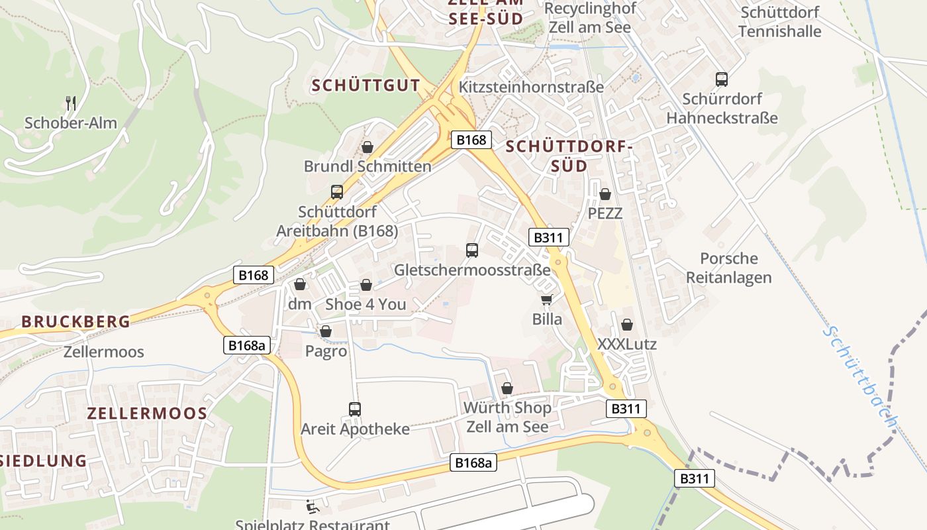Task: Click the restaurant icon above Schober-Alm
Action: click(72, 103)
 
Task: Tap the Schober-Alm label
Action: click(71, 123)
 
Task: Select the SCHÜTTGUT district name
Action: click(366, 85)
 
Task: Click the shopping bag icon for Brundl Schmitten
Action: click(367, 147)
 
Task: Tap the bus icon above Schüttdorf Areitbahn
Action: click(337, 192)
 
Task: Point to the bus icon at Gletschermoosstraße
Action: click(472, 250)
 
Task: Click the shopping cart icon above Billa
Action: click(546, 300)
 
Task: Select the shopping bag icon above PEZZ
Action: click(605, 194)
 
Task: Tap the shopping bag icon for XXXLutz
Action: click(626, 325)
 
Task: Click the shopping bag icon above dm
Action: click(300, 284)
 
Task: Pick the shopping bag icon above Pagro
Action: click(326, 331)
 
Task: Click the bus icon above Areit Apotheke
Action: click(355, 409)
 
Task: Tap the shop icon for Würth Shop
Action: click(507, 388)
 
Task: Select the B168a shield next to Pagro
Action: click(248, 345)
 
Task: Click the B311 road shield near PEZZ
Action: click(550, 237)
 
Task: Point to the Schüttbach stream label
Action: click(861, 375)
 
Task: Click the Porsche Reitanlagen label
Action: click(729, 268)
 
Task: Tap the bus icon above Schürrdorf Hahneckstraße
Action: click(722, 79)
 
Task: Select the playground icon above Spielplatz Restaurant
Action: click(312, 507)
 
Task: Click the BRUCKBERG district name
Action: click(75, 322)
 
